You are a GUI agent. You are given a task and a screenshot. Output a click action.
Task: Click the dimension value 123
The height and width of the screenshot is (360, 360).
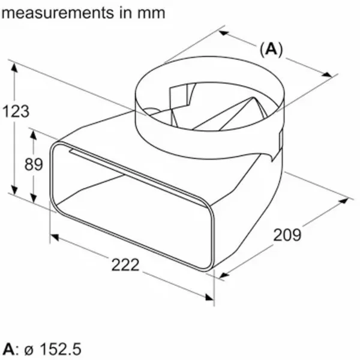click(16, 111)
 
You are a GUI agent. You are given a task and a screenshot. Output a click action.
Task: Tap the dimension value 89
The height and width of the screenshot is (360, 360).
click(34, 164)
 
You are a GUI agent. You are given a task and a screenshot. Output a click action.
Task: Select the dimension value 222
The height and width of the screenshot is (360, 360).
click(125, 265)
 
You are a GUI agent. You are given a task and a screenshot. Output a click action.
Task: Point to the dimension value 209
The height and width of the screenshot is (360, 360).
click(287, 235)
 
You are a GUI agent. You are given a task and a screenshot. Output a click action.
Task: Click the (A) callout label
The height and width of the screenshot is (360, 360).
click(271, 49)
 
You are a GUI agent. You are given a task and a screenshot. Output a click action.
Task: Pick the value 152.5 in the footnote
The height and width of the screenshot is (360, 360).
click(61, 349)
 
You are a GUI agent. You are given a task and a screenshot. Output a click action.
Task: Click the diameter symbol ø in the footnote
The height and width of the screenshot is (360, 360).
click(29, 350)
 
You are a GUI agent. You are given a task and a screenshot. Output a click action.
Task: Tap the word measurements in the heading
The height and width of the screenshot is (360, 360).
click(58, 13)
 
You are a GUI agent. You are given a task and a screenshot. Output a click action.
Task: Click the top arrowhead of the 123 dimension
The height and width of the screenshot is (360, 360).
click(14, 68)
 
